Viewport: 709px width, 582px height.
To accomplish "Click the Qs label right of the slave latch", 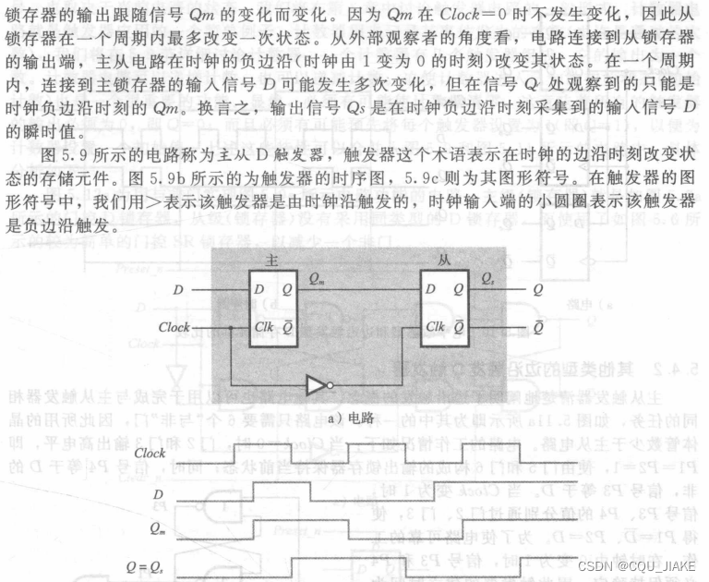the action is tap(487, 279).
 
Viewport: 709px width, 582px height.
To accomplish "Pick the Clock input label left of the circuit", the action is tap(174, 327).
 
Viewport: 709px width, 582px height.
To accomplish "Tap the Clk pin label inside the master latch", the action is tap(263, 327).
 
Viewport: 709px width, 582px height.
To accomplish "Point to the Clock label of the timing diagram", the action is tap(150, 454).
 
